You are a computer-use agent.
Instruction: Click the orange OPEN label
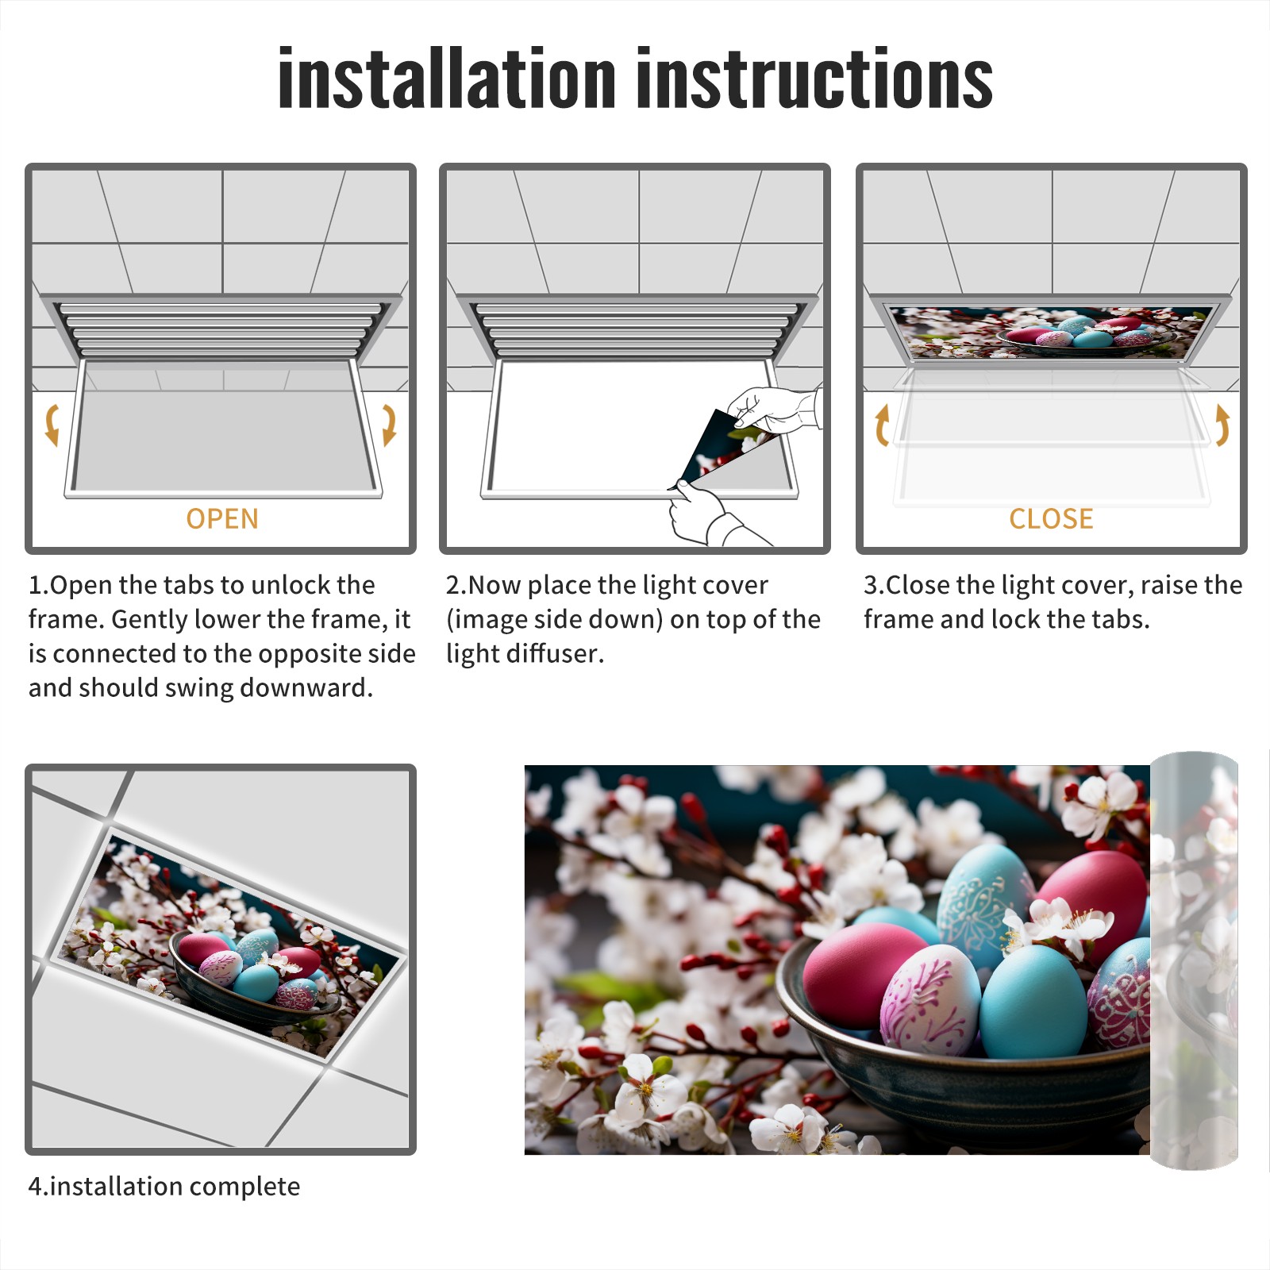coord(222,518)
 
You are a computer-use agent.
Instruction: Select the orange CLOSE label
coord(1051,518)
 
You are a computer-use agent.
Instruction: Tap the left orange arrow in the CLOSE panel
coord(882,425)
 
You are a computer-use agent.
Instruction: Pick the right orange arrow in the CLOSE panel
coord(1222,425)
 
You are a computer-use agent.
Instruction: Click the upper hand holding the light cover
coord(774,409)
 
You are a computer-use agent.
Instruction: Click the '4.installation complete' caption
coord(164,1186)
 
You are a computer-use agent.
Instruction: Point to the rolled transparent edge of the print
coord(1195,960)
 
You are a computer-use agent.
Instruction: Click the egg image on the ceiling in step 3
coord(1051,332)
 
